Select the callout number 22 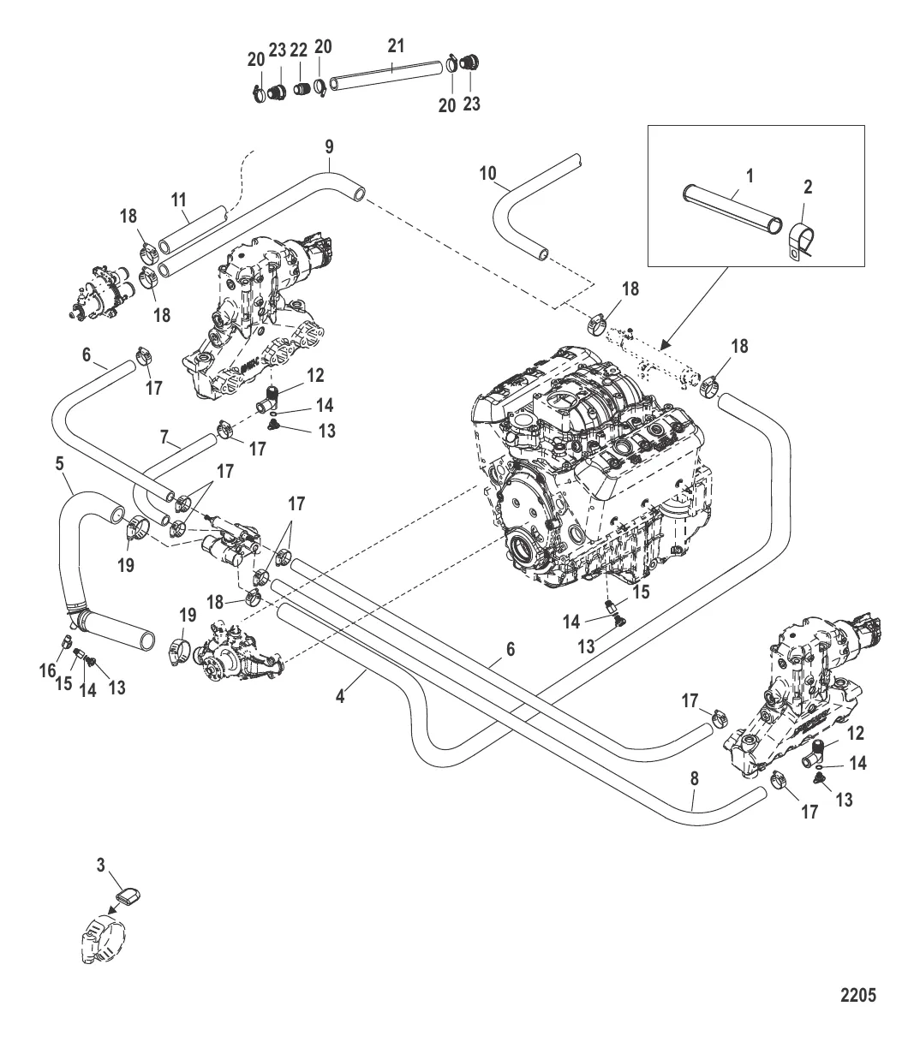[298, 51]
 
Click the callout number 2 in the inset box [808, 187]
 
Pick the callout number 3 [100, 865]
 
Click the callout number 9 [330, 146]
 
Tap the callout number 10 [488, 173]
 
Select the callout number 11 [178, 200]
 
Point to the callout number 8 [695, 779]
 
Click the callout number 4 [340, 697]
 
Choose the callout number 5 [60, 463]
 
